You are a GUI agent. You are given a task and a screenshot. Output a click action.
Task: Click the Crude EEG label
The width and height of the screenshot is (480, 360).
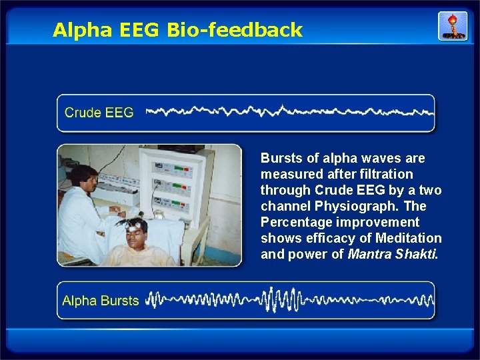[x=99, y=113]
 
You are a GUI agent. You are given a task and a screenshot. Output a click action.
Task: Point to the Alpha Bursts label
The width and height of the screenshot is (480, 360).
[x=100, y=301]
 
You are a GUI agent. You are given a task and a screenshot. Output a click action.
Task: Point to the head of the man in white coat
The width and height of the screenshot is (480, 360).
[x=81, y=176]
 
